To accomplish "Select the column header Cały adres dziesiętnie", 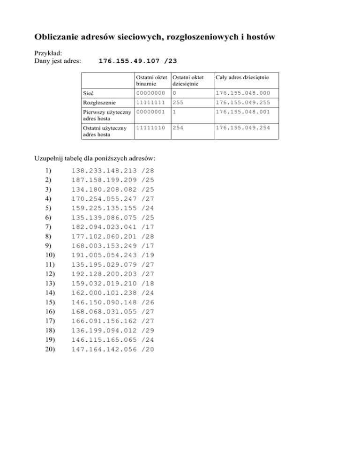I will tap(246, 76).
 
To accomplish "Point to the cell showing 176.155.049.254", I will tap(246, 127).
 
